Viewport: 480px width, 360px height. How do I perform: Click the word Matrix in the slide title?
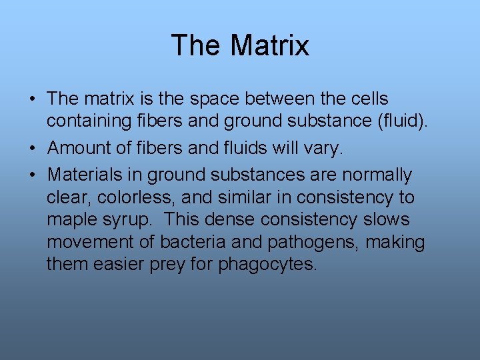(270, 46)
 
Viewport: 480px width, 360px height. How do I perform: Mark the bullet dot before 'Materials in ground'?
(32, 175)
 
